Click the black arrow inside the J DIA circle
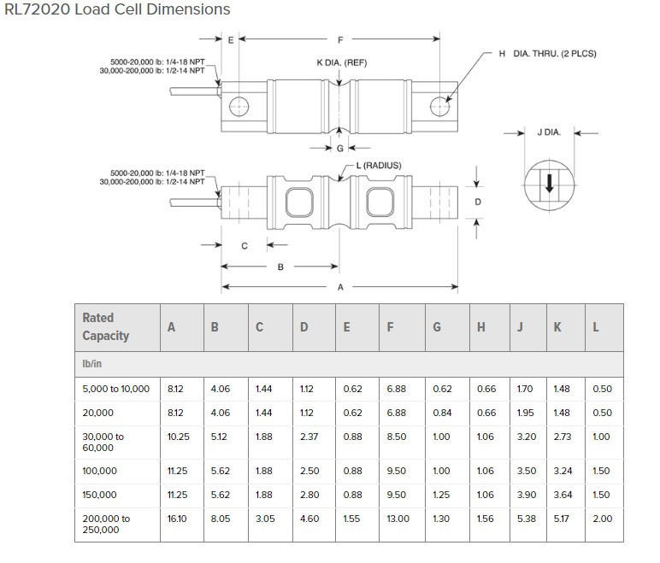coord(550,184)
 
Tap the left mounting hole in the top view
coord(239,107)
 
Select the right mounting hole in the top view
coord(440,107)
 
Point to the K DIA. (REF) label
coord(342,62)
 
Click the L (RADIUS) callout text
coord(379,166)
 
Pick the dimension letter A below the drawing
coord(340,287)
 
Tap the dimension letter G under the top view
coord(340,148)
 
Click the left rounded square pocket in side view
coord(299,202)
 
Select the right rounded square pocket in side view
coord(380,202)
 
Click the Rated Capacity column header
coord(106,326)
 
